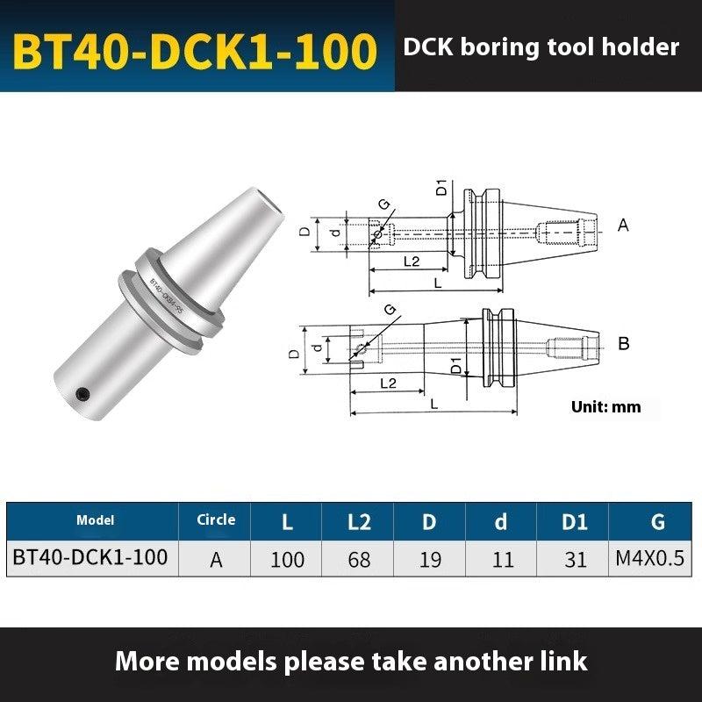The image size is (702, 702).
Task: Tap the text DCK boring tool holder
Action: [541, 47]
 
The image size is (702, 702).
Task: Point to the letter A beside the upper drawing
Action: [623, 226]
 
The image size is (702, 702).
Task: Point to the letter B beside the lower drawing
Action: [623, 344]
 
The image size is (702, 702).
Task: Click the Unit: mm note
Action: [605, 406]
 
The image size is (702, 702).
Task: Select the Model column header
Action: [95, 520]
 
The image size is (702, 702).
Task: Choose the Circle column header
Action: [215, 519]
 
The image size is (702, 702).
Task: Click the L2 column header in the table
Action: [359, 522]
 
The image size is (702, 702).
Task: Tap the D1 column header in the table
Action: [575, 522]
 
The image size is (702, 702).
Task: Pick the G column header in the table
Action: [657, 522]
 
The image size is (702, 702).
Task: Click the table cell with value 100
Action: [287, 559]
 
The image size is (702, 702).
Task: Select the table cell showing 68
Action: [359, 559]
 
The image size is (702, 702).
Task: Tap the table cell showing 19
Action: [430, 559]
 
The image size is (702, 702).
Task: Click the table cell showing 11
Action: [502, 559]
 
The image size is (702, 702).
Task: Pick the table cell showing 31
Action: [575, 559]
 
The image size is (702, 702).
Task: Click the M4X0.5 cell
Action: [657, 559]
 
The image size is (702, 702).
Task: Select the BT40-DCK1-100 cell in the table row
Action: [90, 557]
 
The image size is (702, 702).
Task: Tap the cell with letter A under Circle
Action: [215, 559]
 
